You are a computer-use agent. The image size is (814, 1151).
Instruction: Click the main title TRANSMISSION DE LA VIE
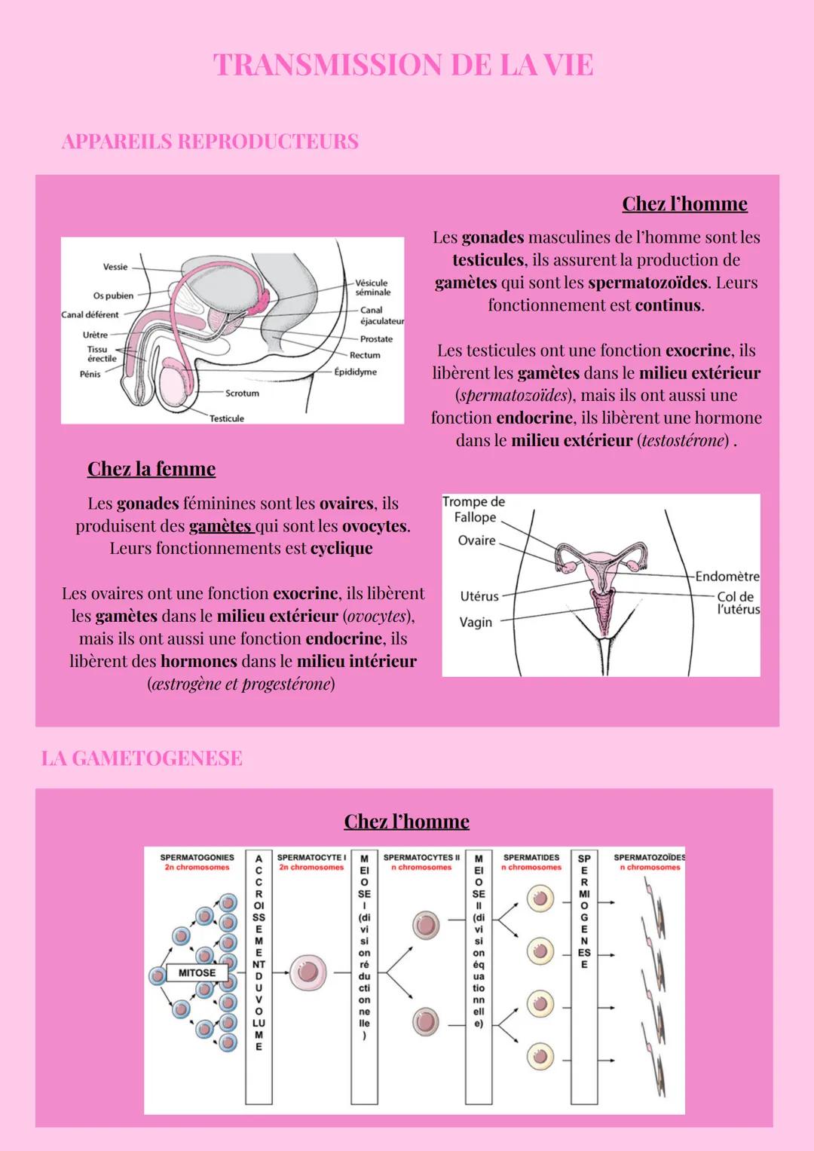tap(403, 65)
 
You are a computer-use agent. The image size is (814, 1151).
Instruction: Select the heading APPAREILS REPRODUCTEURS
tap(210, 141)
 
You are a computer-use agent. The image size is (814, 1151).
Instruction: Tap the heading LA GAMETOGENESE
tap(142, 758)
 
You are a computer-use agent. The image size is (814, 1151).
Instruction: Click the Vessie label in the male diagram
tap(115, 267)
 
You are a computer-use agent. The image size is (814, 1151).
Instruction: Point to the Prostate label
tap(376, 339)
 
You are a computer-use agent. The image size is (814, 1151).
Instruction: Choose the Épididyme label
tap(356, 372)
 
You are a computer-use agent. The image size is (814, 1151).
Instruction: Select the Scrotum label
tap(242, 393)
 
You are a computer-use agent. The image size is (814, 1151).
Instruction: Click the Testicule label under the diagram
tap(227, 418)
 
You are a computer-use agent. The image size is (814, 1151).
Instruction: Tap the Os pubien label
tap(113, 295)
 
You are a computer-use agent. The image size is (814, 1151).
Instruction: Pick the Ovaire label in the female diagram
tap(477, 540)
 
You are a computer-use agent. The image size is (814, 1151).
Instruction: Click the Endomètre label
tap(727, 577)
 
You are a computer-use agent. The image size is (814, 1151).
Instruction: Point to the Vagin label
tap(476, 623)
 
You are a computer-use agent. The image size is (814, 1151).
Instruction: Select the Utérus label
tap(479, 596)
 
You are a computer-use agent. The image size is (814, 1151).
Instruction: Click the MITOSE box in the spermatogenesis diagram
tap(197, 972)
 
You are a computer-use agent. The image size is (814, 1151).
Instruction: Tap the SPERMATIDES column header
tap(531, 858)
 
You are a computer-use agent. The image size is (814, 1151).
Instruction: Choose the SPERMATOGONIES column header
tap(197, 858)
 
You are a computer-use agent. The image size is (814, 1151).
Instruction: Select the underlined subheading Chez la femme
tap(151, 469)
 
